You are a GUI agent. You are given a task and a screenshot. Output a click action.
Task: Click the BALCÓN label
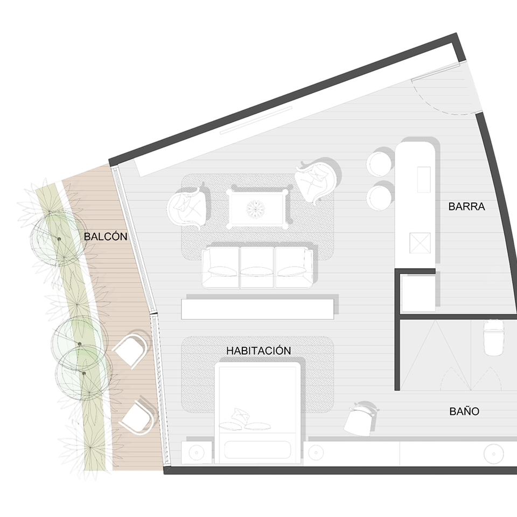106,236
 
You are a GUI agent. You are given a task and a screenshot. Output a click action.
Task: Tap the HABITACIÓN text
258,351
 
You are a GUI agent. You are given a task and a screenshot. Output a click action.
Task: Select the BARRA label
466,206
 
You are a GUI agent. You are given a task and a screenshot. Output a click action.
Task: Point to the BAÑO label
464,411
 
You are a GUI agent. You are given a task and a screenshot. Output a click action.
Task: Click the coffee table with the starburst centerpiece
255,208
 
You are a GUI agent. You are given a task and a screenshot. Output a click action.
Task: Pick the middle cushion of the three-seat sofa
257,268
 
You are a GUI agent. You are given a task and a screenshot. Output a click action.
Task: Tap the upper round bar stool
380,164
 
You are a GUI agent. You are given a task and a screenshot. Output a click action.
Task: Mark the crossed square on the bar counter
420,243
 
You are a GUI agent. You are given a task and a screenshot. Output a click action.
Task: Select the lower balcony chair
137,417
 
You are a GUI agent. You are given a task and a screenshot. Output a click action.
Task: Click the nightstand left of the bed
197,453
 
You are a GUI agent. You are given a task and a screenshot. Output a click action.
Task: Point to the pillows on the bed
244,421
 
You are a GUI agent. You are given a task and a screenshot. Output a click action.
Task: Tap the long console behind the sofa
257,309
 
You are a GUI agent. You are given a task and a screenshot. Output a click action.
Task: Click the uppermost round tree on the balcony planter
57,238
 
